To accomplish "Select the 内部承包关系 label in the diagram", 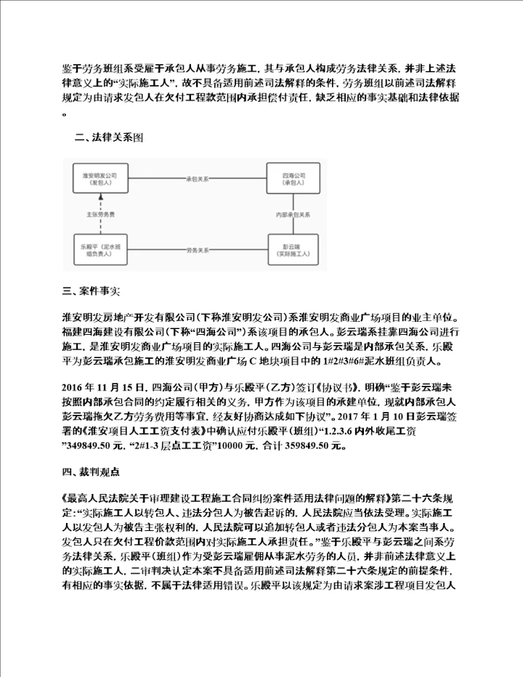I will click(x=294, y=216).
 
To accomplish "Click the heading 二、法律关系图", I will click(x=105, y=136).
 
